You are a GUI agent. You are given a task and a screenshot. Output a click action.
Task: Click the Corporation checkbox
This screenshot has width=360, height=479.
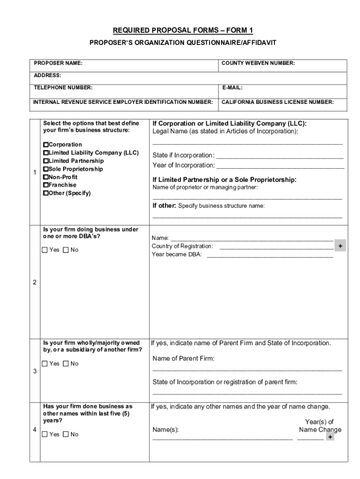(x=46, y=145)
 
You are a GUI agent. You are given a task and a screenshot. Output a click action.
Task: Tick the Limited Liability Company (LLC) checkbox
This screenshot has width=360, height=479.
(x=46, y=153)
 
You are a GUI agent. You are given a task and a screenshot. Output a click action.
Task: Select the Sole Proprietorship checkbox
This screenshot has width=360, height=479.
(x=46, y=169)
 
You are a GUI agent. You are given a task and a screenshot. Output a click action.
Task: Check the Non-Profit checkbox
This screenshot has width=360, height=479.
(x=46, y=177)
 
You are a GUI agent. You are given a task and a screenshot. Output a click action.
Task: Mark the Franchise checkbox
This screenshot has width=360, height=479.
(x=46, y=185)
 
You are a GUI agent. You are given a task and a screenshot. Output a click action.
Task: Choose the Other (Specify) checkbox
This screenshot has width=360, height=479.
(x=46, y=193)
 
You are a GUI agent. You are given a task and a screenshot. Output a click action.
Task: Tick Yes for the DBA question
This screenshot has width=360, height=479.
(x=45, y=250)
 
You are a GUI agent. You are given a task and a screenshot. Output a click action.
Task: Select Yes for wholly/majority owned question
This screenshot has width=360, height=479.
(x=45, y=363)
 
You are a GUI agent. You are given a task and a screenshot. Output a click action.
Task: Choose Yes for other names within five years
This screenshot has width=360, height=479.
(x=45, y=434)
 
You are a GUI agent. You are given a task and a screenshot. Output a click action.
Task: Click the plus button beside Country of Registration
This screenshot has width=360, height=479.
(x=340, y=246)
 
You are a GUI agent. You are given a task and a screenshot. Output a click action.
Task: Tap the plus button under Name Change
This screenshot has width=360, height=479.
(x=330, y=437)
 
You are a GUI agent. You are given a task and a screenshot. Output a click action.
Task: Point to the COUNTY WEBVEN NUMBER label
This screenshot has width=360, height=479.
(x=258, y=63)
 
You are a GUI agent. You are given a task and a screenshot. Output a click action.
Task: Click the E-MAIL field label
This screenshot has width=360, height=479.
(x=232, y=87)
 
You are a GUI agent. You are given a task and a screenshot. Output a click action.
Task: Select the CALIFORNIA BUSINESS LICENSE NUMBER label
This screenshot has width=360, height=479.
(x=277, y=102)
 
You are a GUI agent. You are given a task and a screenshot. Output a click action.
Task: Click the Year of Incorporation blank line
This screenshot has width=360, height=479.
(x=280, y=166)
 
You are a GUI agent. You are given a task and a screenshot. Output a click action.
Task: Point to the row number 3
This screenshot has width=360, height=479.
(x=35, y=371)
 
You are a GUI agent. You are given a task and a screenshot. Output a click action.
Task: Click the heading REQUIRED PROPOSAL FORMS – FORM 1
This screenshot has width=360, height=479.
(x=183, y=31)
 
